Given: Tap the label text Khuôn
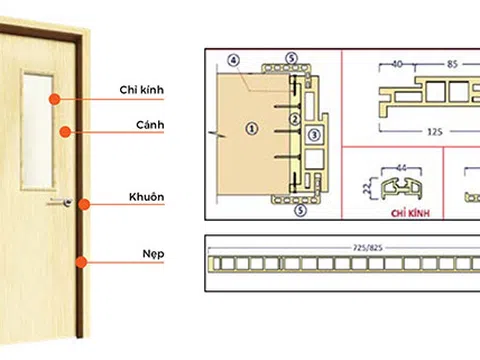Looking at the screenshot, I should [144, 197].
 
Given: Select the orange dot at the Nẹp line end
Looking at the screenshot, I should [84, 263].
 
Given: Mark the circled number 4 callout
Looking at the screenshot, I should [234, 61].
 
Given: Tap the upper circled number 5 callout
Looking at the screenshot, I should [292, 60].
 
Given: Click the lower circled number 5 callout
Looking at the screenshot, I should [292, 211].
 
